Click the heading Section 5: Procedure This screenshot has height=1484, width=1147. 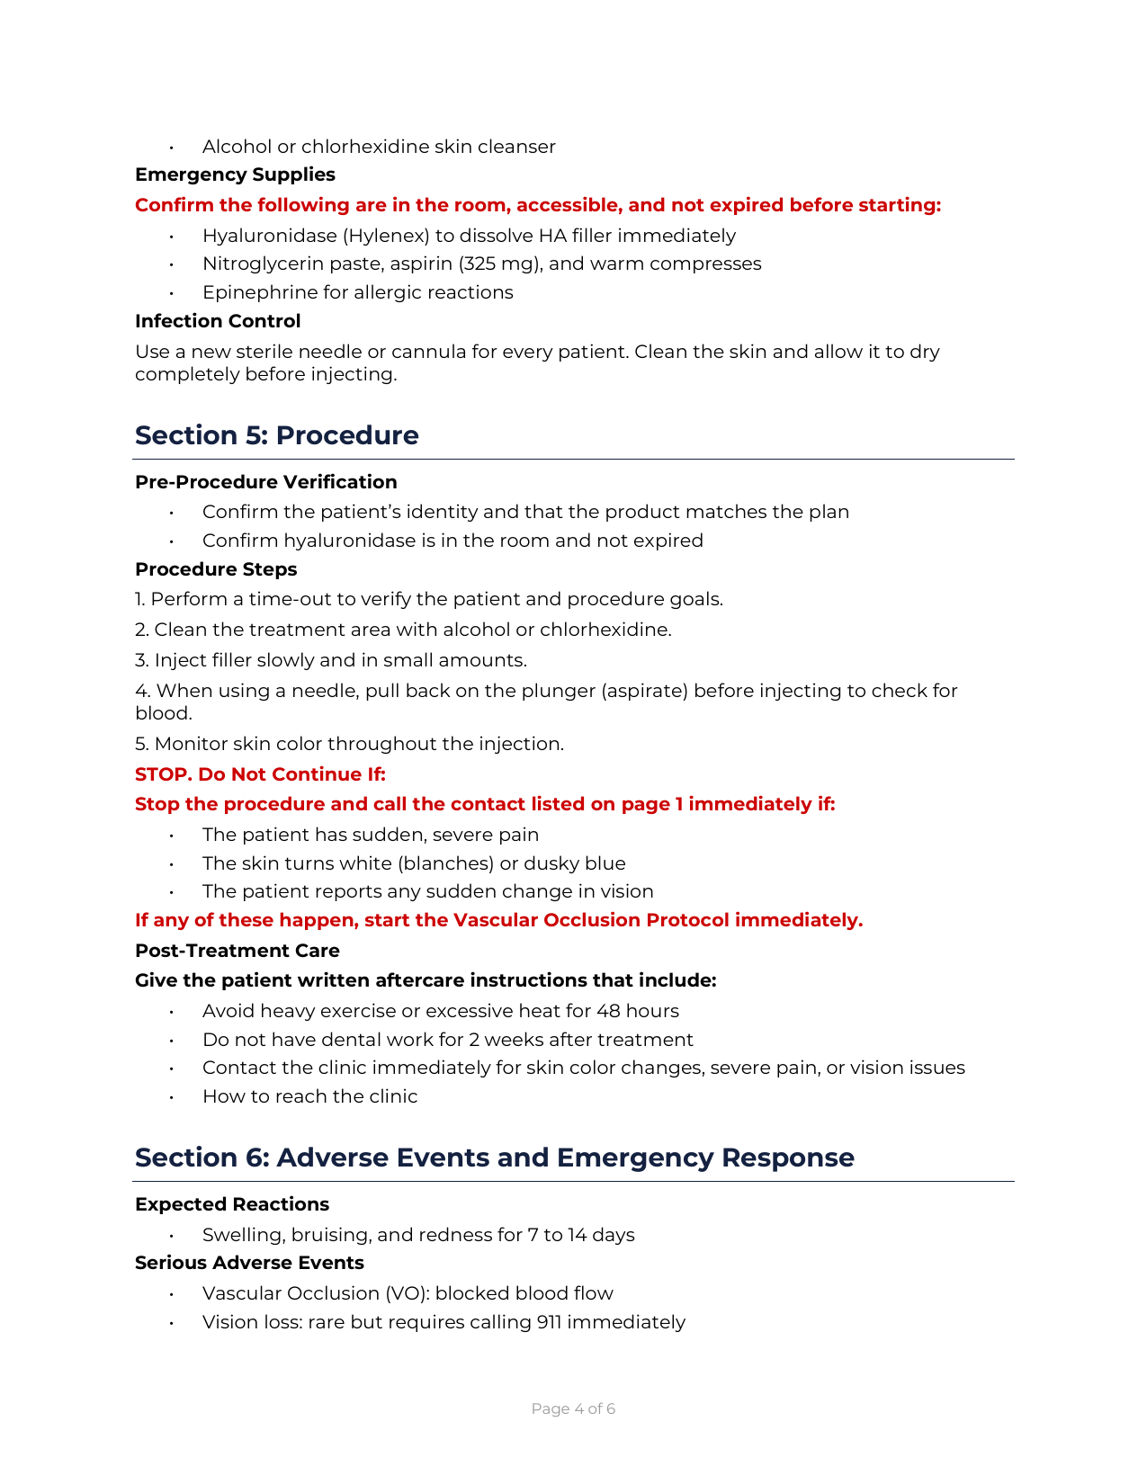point(276,435)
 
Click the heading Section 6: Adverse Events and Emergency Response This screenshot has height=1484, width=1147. point(494,1158)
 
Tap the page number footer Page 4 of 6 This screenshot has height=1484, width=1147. point(573,1408)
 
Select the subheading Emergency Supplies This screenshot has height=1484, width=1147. point(235,174)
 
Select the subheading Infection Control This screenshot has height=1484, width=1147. point(218,321)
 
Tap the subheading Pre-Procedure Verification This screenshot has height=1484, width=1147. point(265,482)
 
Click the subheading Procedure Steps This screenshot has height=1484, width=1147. point(216,569)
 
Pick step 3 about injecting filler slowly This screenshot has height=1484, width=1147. point(331,660)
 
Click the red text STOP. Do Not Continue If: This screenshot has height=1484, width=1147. point(260,774)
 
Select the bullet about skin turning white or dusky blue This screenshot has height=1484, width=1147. point(414,863)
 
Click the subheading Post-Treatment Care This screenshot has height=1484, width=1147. point(237,951)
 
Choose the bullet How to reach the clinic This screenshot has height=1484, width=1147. point(309,1096)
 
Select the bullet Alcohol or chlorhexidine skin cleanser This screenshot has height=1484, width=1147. point(379,147)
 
